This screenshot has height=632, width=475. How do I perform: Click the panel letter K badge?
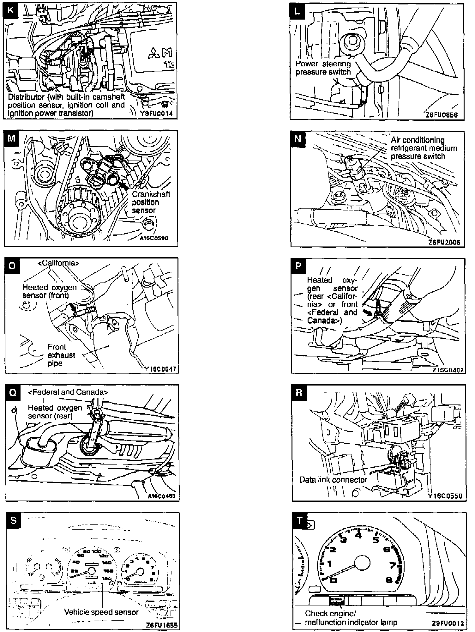click(x=10, y=10)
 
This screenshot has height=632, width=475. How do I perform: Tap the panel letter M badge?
click(x=11, y=138)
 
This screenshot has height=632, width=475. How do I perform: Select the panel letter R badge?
click(x=299, y=392)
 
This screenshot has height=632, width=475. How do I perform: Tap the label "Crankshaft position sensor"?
click(x=151, y=202)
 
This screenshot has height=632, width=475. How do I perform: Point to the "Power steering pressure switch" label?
click(x=323, y=68)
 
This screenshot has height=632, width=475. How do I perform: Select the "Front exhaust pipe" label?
click(x=61, y=355)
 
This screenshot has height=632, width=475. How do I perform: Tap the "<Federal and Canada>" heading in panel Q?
click(x=68, y=392)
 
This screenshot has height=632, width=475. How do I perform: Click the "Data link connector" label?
click(x=333, y=480)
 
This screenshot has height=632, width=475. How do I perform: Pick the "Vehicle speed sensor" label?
click(x=101, y=612)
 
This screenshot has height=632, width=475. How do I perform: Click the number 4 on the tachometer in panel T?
click(x=358, y=535)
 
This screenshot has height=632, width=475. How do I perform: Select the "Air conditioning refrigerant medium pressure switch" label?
click(x=424, y=148)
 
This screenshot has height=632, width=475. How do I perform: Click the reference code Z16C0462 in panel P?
click(x=448, y=370)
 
